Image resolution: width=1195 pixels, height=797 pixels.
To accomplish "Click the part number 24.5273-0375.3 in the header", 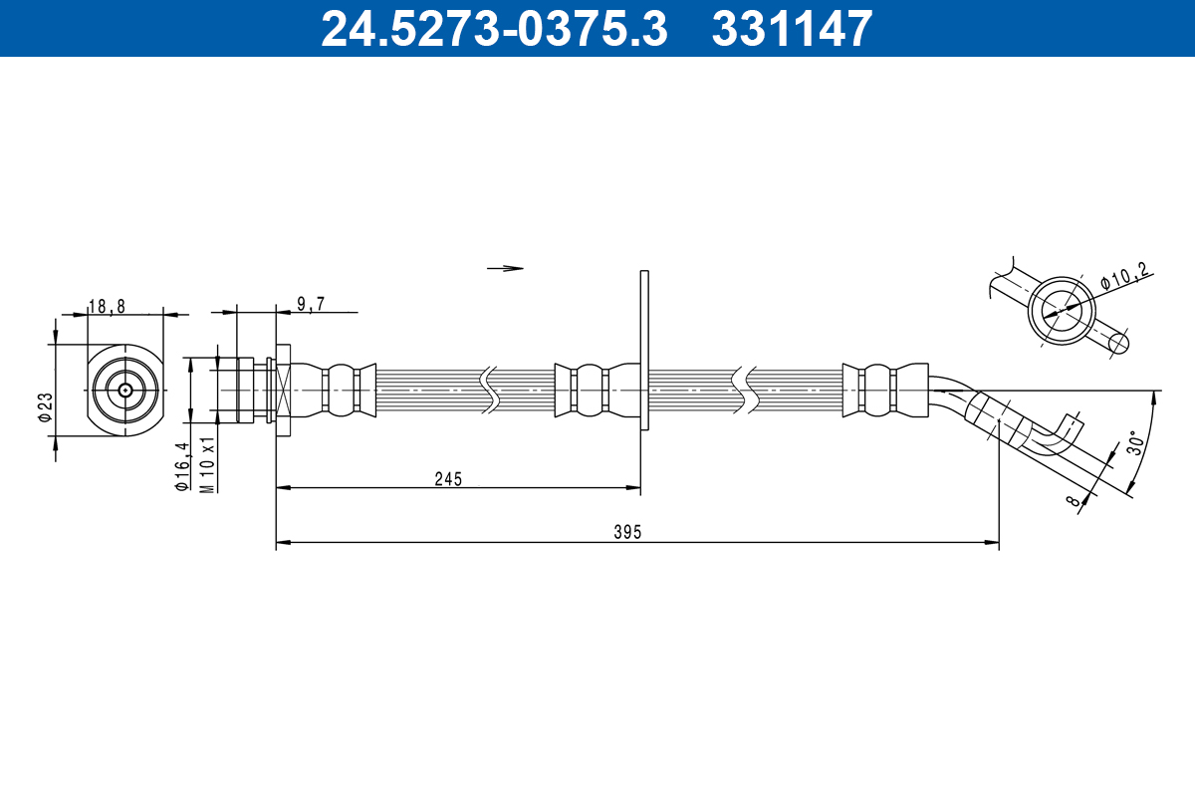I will pyautogui.click(x=493, y=28).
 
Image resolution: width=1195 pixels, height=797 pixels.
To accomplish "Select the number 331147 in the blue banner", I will pyautogui.click(x=792, y=28).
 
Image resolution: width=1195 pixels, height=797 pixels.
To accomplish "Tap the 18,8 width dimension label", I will pyautogui.click(x=107, y=307).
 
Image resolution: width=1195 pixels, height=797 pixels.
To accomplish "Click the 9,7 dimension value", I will pyautogui.click(x=310, y=305).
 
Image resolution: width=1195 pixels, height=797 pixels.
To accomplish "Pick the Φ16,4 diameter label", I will pyautogui.click(x=181, y=466).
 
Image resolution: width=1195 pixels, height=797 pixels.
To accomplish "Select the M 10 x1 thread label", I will pyautogui.click(x=207, y=464).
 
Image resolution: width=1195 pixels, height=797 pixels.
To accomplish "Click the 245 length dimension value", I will pyautogui.click(x=448, y=479).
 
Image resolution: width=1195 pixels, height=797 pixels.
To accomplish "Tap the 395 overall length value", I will pyautogui.click(x=626, y=533).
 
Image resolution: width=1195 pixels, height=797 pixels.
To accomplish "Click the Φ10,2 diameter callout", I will pyautogui.click(x=1125, y=276).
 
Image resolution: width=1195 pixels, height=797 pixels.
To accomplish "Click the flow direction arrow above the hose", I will pyautogui.click(x=505, y=268).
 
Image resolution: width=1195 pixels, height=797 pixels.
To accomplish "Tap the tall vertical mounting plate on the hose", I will pyautogui.click(x=644, y=349).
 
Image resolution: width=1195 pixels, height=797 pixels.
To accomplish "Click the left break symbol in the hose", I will pyautogui.click(x=489, y=390).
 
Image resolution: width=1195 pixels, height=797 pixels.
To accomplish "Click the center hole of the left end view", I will pyautogui.click(x=124, y=390).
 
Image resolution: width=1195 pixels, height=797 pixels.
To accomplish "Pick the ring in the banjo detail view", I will pyautogui.click(x=1061, y=310).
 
